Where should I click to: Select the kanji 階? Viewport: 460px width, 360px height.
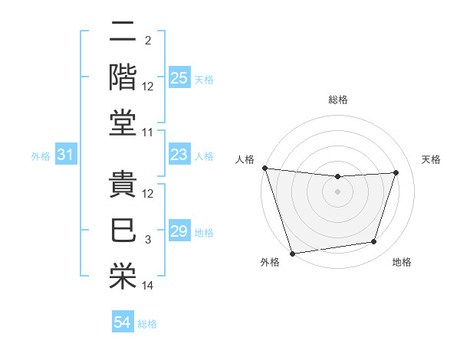coord(123,77)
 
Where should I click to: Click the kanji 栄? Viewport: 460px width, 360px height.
coord(123,273)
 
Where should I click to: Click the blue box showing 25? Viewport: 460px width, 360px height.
coord(179,77)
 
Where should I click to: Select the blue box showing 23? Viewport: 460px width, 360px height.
coord(179,155)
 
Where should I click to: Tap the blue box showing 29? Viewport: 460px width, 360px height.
coord(179,231)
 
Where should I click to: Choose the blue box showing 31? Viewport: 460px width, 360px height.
coord(65,155)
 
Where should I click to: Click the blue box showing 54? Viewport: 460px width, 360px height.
coord(122,322)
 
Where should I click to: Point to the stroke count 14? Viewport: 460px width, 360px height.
coord(148,286)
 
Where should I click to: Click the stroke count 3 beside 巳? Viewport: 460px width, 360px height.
coord(148,241)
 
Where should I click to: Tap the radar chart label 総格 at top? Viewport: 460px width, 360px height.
coord(338,100)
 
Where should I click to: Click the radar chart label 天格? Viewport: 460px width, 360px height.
coord(431,159)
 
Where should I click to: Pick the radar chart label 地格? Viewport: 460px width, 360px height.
coord(402,263)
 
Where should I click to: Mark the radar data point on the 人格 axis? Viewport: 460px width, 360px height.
coord(264,168)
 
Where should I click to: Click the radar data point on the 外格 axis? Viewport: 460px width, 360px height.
coord(292,254)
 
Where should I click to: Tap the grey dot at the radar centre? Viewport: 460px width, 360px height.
coord(337,191)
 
